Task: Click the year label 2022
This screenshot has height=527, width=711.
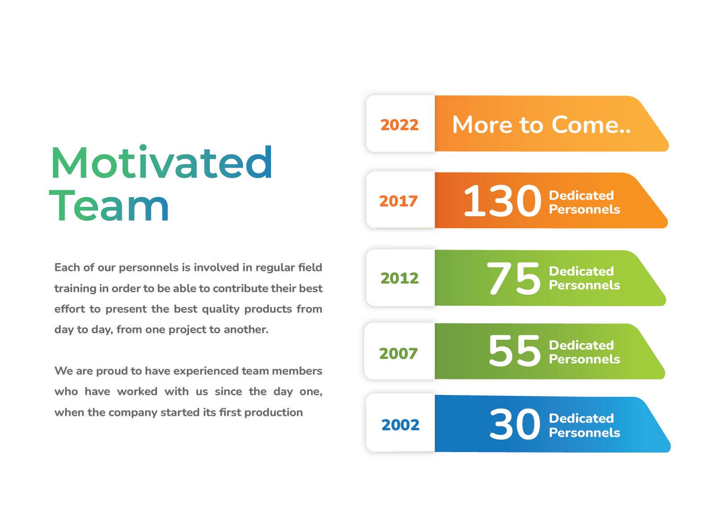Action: point(399,125)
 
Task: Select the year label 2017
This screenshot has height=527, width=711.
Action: point(398,201)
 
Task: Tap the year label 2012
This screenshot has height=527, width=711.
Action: point(399,278)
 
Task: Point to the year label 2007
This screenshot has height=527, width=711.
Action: point(398,354)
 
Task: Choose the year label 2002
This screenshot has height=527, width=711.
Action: point(400,425)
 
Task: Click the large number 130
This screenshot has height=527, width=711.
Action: point(502,201)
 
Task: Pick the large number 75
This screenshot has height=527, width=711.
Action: point(513,278)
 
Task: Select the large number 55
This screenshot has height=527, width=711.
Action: point(514,350)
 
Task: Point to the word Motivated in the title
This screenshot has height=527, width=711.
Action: point(161,162)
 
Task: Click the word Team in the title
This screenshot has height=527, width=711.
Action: point(109,205)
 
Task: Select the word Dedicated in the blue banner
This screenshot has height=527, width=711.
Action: point(581,418)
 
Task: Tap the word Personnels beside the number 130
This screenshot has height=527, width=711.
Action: point(584,210)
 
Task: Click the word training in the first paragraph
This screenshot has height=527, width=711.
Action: point(75,288)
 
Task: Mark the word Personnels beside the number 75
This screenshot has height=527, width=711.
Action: point(584,285)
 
